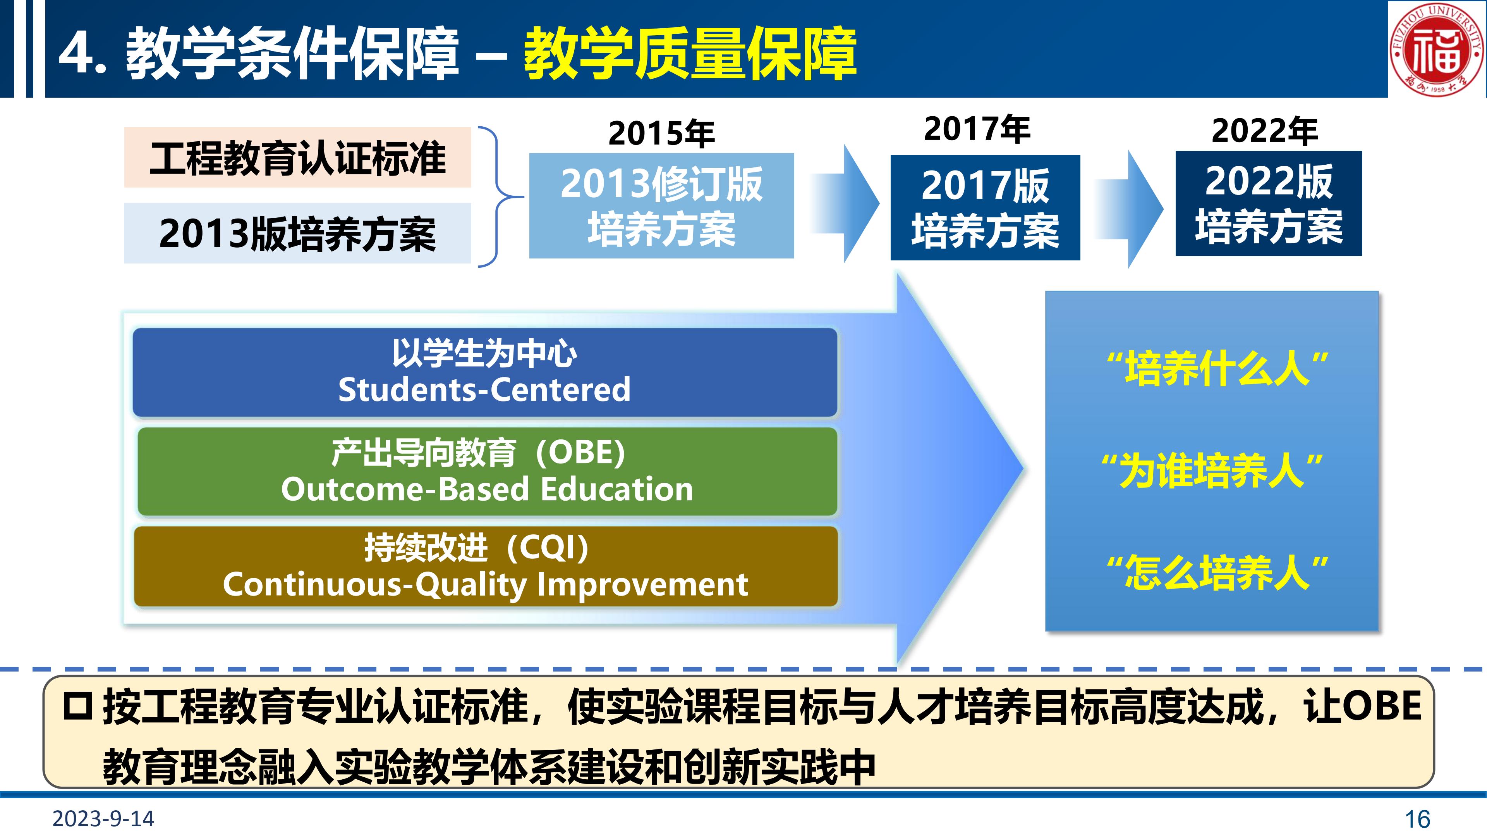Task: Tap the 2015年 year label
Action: pyautogui.click(x=661, y=133)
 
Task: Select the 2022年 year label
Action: pyautogui.click(x=1265, y=131)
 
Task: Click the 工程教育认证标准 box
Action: pyautogui.click(x=297, y=157)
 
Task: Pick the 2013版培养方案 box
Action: pyautogui.click(x=297, y=233)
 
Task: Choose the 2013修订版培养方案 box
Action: pyautogui.click(x=661, y=206)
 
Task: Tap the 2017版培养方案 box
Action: pyautogui.click(x=986, y=207)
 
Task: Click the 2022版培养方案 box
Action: pyautogui.click(x=1269, y=203)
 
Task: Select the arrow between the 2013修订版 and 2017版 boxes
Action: pyautogui.click(x=844, y=204)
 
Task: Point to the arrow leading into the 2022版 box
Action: pyautogui.click(x=1128, y=209)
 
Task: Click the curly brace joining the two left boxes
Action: pyautogui.click(x=498, y=196)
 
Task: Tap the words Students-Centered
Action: pyautogui.click(x=484, y=389)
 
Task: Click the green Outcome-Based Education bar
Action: pyautogui.click(x=487, y=471)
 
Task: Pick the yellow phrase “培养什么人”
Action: pyautogui.click(x=1217, y=369)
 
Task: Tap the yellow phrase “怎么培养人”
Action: pyautogui.click(x=1217, y=572)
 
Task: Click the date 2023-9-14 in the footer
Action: pyautogui.click(x=103, y=818)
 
